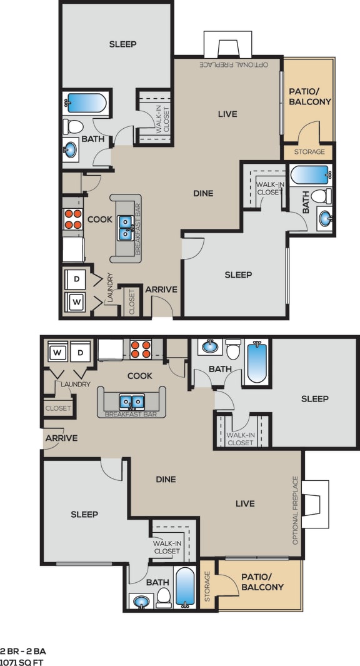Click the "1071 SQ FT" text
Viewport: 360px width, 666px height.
(22, 661)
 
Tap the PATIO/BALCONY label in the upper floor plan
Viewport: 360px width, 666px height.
(309, 96)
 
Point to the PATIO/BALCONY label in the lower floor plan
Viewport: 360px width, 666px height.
(262, 582)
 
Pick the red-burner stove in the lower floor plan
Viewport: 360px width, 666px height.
(141, 348)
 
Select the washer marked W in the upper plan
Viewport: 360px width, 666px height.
(76, 302)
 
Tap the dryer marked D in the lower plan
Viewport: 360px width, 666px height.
(81, 353)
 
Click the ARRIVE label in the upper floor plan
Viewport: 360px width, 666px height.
(161, 290)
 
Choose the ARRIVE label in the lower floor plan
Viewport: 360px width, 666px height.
(61, 438)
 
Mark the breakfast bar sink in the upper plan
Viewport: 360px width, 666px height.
(126, 228)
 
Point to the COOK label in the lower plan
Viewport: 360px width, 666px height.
(140, 376)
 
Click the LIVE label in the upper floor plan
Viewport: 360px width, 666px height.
(227, 114)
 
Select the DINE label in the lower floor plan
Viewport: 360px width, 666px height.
(166, 480)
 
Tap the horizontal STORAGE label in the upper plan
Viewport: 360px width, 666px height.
(309, 152)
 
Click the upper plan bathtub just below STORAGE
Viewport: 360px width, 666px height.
(309, 174)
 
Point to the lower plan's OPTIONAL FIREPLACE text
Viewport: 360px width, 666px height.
(296, 510)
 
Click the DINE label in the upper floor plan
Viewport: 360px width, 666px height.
(203, 193)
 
